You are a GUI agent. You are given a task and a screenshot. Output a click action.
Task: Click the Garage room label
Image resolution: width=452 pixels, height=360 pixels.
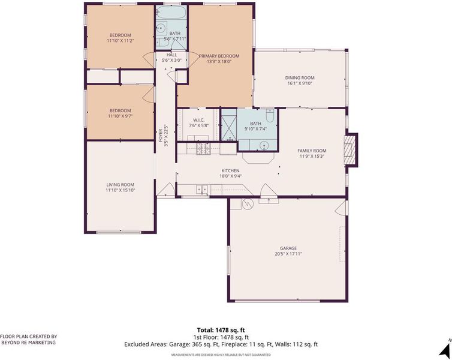(x=288, y=248)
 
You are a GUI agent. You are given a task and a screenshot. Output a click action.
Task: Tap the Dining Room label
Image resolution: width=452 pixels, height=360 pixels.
(x=300, y=77)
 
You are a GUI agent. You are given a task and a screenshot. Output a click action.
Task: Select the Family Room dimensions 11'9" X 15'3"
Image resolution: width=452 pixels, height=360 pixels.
(x=312, y=156)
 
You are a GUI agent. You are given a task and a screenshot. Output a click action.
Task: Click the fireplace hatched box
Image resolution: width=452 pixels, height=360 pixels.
(x=348, y=150)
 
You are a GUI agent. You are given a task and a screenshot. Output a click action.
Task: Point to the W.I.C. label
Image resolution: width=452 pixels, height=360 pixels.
(x=198, y=120)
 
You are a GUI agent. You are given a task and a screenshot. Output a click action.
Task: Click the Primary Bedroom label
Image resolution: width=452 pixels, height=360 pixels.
(x=219, y=56)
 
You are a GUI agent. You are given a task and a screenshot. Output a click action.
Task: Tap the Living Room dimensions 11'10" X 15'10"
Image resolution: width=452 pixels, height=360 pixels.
(x=120, y=190)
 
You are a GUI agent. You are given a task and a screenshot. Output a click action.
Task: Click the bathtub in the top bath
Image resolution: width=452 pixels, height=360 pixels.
(x=171, y=13)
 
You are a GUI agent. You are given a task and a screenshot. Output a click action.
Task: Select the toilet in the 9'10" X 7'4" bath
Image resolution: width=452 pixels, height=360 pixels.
(x=270, y=115)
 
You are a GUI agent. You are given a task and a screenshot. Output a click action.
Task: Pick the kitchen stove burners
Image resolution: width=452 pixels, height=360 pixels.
(x=203, y=149)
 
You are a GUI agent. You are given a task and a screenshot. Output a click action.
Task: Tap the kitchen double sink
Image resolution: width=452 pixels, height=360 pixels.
(x=202, y=189)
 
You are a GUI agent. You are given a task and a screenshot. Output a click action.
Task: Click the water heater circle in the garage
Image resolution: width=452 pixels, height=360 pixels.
(x=248, y=204)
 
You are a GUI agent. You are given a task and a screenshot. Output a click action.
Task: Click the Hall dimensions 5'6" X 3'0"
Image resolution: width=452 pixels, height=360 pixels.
(x=172, y=60)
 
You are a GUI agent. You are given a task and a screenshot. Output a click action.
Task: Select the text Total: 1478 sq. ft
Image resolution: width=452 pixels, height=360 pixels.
(x=221, y=330)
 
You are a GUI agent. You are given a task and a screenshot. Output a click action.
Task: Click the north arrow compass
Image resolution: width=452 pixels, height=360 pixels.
(x=445, y=349)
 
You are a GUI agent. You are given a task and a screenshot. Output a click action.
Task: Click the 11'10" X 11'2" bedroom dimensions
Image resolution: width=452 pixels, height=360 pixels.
(x=120, y=41)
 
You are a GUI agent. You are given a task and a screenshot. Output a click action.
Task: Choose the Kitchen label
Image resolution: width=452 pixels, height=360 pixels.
(x=230, y=170)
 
